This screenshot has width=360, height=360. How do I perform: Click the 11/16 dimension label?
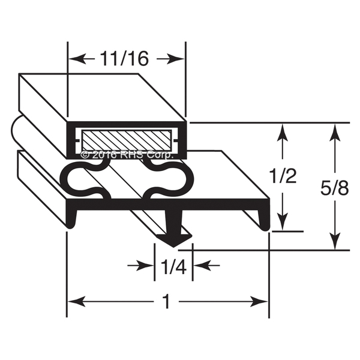tap(124, 59)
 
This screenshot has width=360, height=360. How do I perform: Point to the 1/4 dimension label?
tap(173, 266)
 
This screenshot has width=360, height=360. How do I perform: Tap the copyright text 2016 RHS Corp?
tap(127, 155)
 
